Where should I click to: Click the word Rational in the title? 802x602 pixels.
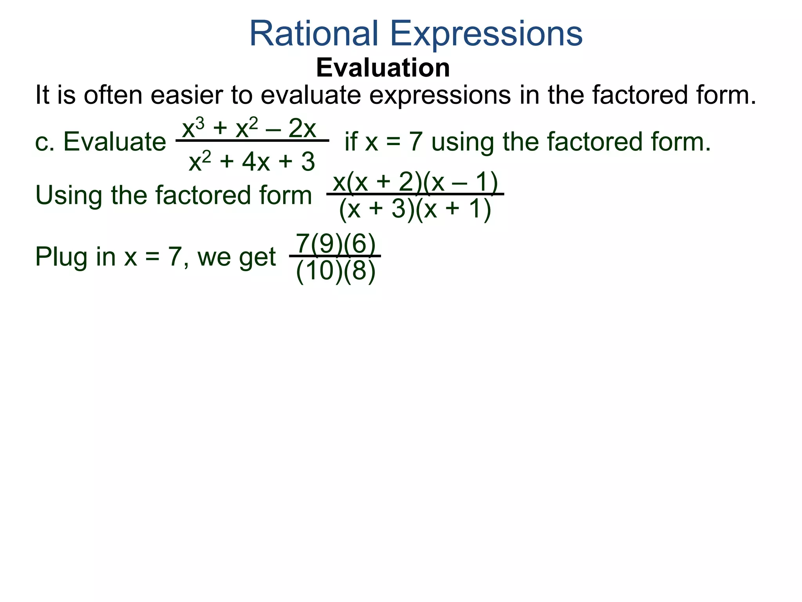click(x=314, y=34)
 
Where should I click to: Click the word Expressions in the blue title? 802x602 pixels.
click(x=486, y=34)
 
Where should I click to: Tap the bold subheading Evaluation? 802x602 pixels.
click(x=383, y=68)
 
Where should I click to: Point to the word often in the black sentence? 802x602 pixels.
click(x=113, y=95)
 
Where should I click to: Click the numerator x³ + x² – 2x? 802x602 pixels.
click(x=249, y=128)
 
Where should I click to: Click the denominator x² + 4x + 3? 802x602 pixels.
click(x=252, y=161)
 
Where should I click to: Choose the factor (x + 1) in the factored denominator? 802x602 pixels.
click(x=453, y=209)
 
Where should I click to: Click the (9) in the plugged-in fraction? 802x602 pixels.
click(x=326, y=244)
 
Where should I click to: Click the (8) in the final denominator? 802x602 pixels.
click(x=359, y=271)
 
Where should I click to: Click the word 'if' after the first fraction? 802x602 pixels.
click(x=350, y=141)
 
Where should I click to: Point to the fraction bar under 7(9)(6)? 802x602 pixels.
click(x=335, y=256)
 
